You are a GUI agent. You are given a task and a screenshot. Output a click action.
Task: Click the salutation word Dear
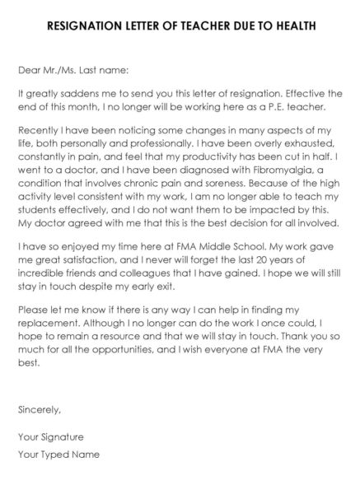tap(30, 71)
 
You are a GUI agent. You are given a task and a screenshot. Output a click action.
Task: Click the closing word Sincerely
tap(39, 408)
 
